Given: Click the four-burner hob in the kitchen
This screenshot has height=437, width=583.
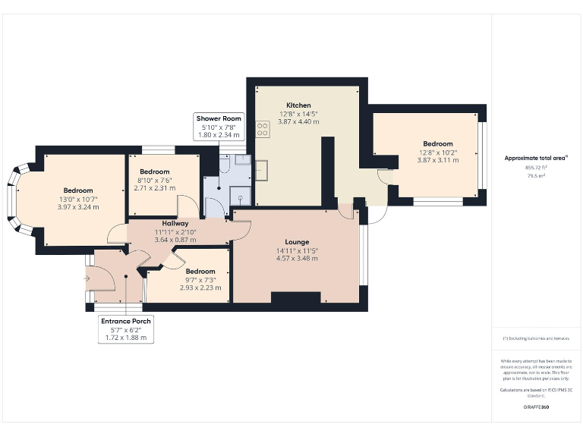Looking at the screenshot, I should (x=263, y=130).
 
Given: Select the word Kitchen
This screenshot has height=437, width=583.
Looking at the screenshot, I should (x=298, y=105).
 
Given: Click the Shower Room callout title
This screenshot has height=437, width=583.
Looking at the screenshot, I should (x=219, y=118).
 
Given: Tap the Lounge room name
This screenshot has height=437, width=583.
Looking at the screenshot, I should (x=298, y=242).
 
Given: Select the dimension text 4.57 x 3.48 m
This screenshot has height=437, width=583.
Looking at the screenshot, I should (x=298, y=259).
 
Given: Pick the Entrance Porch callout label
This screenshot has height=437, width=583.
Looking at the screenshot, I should (x=126, y=321).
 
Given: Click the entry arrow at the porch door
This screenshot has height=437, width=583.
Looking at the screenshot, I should (x=88, y=278).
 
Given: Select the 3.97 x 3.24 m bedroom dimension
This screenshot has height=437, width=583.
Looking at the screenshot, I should (x=77, y=207).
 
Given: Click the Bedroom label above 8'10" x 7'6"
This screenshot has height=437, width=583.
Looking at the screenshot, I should (x=154, y=171).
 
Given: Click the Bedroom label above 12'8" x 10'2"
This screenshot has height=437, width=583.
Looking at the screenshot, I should (x=437, y=143).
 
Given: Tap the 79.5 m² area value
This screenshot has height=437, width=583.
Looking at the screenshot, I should (x=536, y=175).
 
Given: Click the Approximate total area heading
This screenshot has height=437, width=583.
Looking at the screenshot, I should (x=535, y=158).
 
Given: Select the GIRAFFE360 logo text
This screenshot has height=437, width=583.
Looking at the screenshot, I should (x=536, y=407).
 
